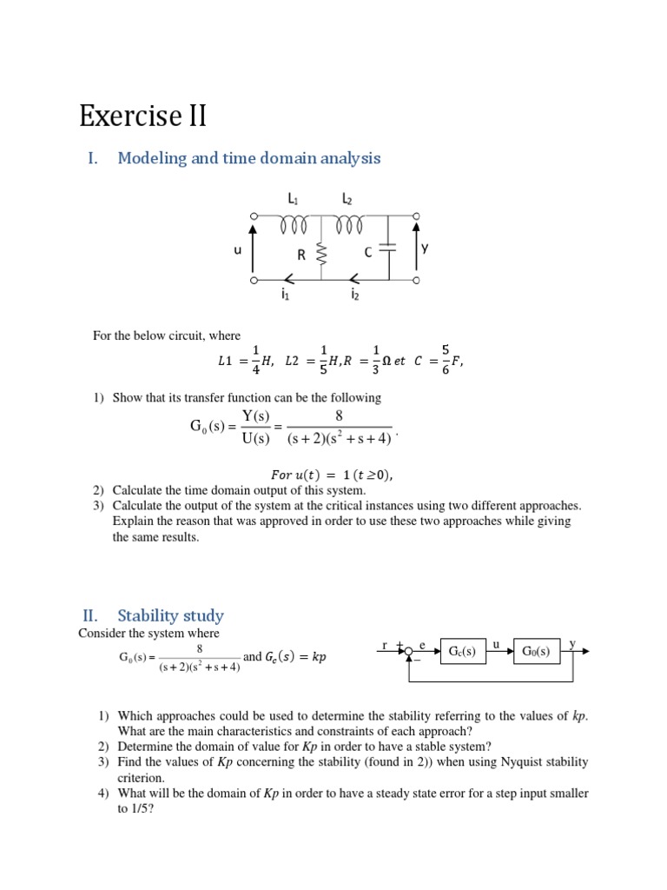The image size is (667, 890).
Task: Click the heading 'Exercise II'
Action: point(142,116)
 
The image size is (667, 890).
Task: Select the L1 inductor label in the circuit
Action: point(294,199)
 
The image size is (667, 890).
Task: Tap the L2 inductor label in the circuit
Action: point(347,199)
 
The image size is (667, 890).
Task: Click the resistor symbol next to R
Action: point(321,255)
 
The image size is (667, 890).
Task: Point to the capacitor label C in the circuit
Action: point(368,253)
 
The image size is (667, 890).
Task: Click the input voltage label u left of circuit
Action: point(237,249)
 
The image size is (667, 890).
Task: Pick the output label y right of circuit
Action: point(425,248)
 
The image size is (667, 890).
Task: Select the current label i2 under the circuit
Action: point(354,296)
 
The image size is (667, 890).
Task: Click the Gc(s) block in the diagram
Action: point(463,651)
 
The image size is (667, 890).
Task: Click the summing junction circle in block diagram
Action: point(408,651)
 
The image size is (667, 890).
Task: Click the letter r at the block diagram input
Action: point(384,645)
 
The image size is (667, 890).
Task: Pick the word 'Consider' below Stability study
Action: point(101,634)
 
